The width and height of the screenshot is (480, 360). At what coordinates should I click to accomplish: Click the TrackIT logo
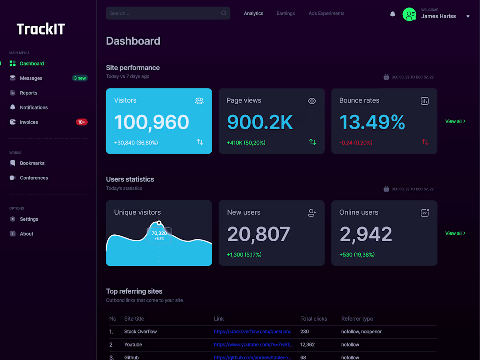pos(41,29)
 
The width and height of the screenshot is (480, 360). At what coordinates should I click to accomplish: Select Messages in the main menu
pos(31,78)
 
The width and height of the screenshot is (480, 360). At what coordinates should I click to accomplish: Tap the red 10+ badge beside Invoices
pos(82,122)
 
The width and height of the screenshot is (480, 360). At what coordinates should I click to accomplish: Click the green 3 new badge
pos(80,78)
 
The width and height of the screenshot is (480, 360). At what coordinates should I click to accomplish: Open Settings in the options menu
pos(29,219)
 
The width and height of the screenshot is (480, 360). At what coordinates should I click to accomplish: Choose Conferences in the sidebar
pos(34,178)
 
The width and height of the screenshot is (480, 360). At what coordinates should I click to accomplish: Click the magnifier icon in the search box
pos(224,13)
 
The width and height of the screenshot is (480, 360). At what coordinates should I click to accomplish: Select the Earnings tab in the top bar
pos(286,14)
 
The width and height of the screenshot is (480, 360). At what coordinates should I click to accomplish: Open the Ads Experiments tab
pos(326,14)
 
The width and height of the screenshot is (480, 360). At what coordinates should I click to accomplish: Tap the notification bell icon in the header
pos(392,14)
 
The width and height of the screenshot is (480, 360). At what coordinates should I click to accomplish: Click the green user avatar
pos(409,14)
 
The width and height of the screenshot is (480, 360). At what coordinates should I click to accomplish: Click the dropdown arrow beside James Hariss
pos(468,17)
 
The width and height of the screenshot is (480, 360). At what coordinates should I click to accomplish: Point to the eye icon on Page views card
pos(312,101)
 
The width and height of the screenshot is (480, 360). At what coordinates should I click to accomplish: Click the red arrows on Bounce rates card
pos(425,142)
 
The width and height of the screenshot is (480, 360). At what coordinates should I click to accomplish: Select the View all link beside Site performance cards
pos(455,121)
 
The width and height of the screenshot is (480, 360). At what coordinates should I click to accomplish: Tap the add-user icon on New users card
pos(312,213)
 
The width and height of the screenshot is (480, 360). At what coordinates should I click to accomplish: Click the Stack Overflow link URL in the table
pos(253,332)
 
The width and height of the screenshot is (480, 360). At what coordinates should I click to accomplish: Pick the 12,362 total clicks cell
pos(307,345)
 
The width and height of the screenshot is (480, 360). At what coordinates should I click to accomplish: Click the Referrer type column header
pos(357,319)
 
